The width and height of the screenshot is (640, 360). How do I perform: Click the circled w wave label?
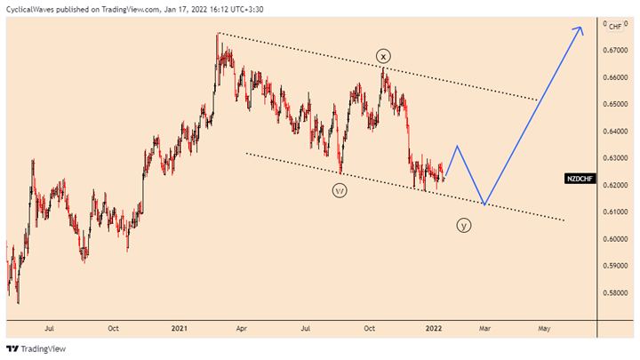coord(340,189)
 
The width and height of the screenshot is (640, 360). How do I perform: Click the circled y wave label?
coord(464,226)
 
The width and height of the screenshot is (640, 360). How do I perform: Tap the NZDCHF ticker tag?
coord(580,179)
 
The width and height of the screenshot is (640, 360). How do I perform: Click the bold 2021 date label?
coord(179,328)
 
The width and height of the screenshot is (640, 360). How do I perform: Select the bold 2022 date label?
coord(437,328)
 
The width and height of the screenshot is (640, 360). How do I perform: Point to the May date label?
coord(544,328)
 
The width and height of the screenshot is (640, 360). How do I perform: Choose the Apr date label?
coord(241,328)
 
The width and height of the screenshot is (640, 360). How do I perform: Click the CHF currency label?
coord(614,27)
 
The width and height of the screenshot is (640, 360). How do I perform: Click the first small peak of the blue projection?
coord(457,146)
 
